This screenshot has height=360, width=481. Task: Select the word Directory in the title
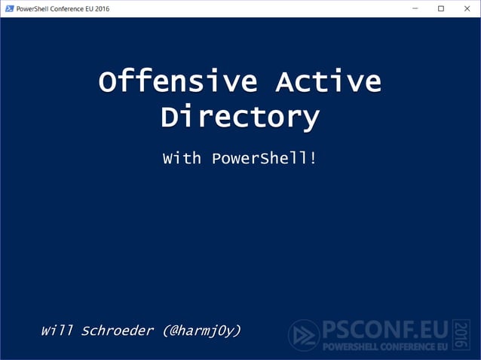click(x=240, y=117)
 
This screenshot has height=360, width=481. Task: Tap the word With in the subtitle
click(x=182, y=159)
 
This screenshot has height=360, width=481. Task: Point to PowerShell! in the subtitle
click(x=264, y=159)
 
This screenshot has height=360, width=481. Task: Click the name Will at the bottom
click(x=57, y=331)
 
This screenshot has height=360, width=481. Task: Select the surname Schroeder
click(x=117, y=331)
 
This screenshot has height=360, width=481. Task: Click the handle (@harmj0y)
click(x=201, y=331)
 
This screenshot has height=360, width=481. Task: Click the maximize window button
click(x=441, y=8)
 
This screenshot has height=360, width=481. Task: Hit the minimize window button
click(x=415, y=8)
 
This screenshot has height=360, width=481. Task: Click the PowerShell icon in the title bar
click(x=9, y=8)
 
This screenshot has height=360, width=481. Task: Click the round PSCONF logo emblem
click(x=304, y=335)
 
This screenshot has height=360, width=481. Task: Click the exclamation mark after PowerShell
click(x=312, y=159)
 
